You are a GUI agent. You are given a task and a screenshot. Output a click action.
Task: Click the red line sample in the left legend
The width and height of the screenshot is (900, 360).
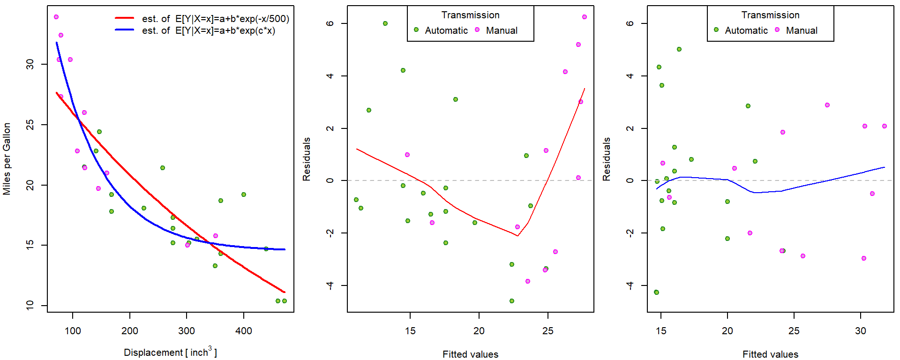(125, 18)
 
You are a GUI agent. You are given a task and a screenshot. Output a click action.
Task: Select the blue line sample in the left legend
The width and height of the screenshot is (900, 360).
(125, 30)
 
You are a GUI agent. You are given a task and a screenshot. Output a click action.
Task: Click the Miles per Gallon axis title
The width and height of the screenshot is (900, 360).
(7, 159)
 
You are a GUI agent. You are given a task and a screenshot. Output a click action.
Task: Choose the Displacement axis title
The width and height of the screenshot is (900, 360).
(170, 352)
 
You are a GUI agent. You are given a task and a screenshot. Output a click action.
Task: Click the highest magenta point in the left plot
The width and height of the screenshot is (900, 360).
(56, 17)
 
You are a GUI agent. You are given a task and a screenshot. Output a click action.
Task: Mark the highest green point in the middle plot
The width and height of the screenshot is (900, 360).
(385, 23)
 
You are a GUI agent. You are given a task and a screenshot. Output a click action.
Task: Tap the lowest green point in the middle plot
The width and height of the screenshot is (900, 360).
(512, 301)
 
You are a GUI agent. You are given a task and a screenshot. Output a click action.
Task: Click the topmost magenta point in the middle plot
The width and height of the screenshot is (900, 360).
(585, 17)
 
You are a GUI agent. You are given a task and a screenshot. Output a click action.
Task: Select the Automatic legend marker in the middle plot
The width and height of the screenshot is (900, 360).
(416, 30)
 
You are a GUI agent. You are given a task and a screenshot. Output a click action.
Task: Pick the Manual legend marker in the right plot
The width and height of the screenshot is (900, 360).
(777, 30)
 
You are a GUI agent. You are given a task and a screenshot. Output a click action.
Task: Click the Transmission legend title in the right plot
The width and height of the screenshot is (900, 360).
(770, 15)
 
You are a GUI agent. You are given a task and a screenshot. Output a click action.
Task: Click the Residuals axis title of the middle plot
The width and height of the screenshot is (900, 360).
(307, 159)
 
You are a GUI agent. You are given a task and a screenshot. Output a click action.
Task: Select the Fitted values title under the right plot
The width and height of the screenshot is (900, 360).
(770, 354)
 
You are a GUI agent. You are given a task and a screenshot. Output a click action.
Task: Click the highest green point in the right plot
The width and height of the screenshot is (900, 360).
(679, 49)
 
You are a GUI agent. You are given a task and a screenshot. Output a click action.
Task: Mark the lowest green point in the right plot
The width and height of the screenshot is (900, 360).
(657, 292)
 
